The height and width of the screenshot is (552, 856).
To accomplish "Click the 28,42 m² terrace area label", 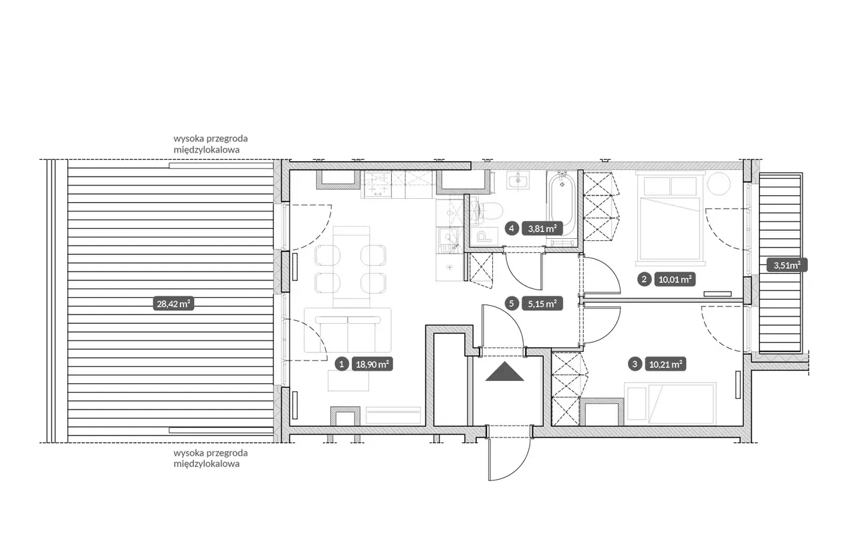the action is point(173,304).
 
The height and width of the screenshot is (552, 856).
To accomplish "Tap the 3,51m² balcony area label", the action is point(787,265).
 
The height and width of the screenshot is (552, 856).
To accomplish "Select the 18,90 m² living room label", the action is point(372,364).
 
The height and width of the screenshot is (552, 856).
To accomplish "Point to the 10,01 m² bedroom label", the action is point(675,280).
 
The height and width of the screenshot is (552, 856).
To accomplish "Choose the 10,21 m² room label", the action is point(665,364).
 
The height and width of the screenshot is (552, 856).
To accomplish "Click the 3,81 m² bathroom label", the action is point(542,229).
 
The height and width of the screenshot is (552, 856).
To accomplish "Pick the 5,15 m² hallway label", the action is point(542,304).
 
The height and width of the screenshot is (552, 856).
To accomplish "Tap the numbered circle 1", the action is point(341,364).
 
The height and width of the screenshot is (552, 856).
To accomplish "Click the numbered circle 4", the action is point(512,229).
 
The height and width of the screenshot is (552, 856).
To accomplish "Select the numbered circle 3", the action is point(635,364).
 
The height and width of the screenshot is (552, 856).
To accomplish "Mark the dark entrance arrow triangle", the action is point(504,371).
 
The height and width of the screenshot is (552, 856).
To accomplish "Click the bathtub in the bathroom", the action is point(561,207).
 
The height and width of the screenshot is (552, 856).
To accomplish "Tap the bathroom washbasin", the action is point(518,180).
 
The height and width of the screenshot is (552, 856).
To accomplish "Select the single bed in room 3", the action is point(670,403).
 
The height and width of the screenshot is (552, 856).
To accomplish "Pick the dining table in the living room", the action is point(351,267).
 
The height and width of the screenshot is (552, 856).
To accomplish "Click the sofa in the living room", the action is point(348,330).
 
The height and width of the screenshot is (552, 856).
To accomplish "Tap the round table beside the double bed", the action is point(719,184).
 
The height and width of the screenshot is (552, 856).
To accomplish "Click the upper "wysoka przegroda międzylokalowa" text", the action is point(211,144).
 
